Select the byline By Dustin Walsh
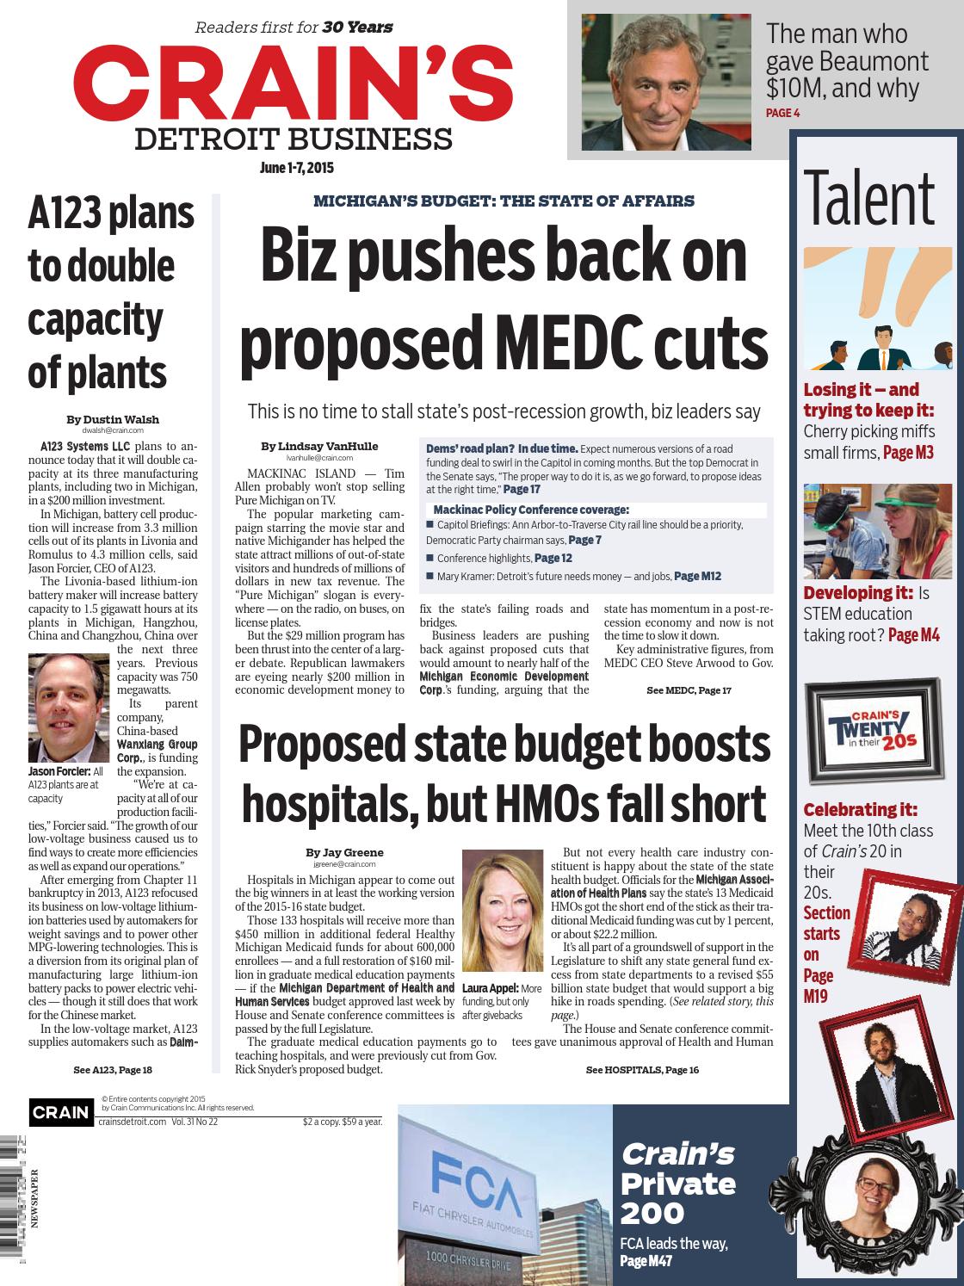coord(113,419)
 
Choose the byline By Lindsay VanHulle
coord(319,446)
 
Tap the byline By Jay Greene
coord(344,852)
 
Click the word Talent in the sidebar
coord(868,200)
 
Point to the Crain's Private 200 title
coord(678,1184)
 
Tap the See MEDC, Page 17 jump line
coord(688,690)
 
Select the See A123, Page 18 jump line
coord(113,1070)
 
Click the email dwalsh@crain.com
coord(113,429)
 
